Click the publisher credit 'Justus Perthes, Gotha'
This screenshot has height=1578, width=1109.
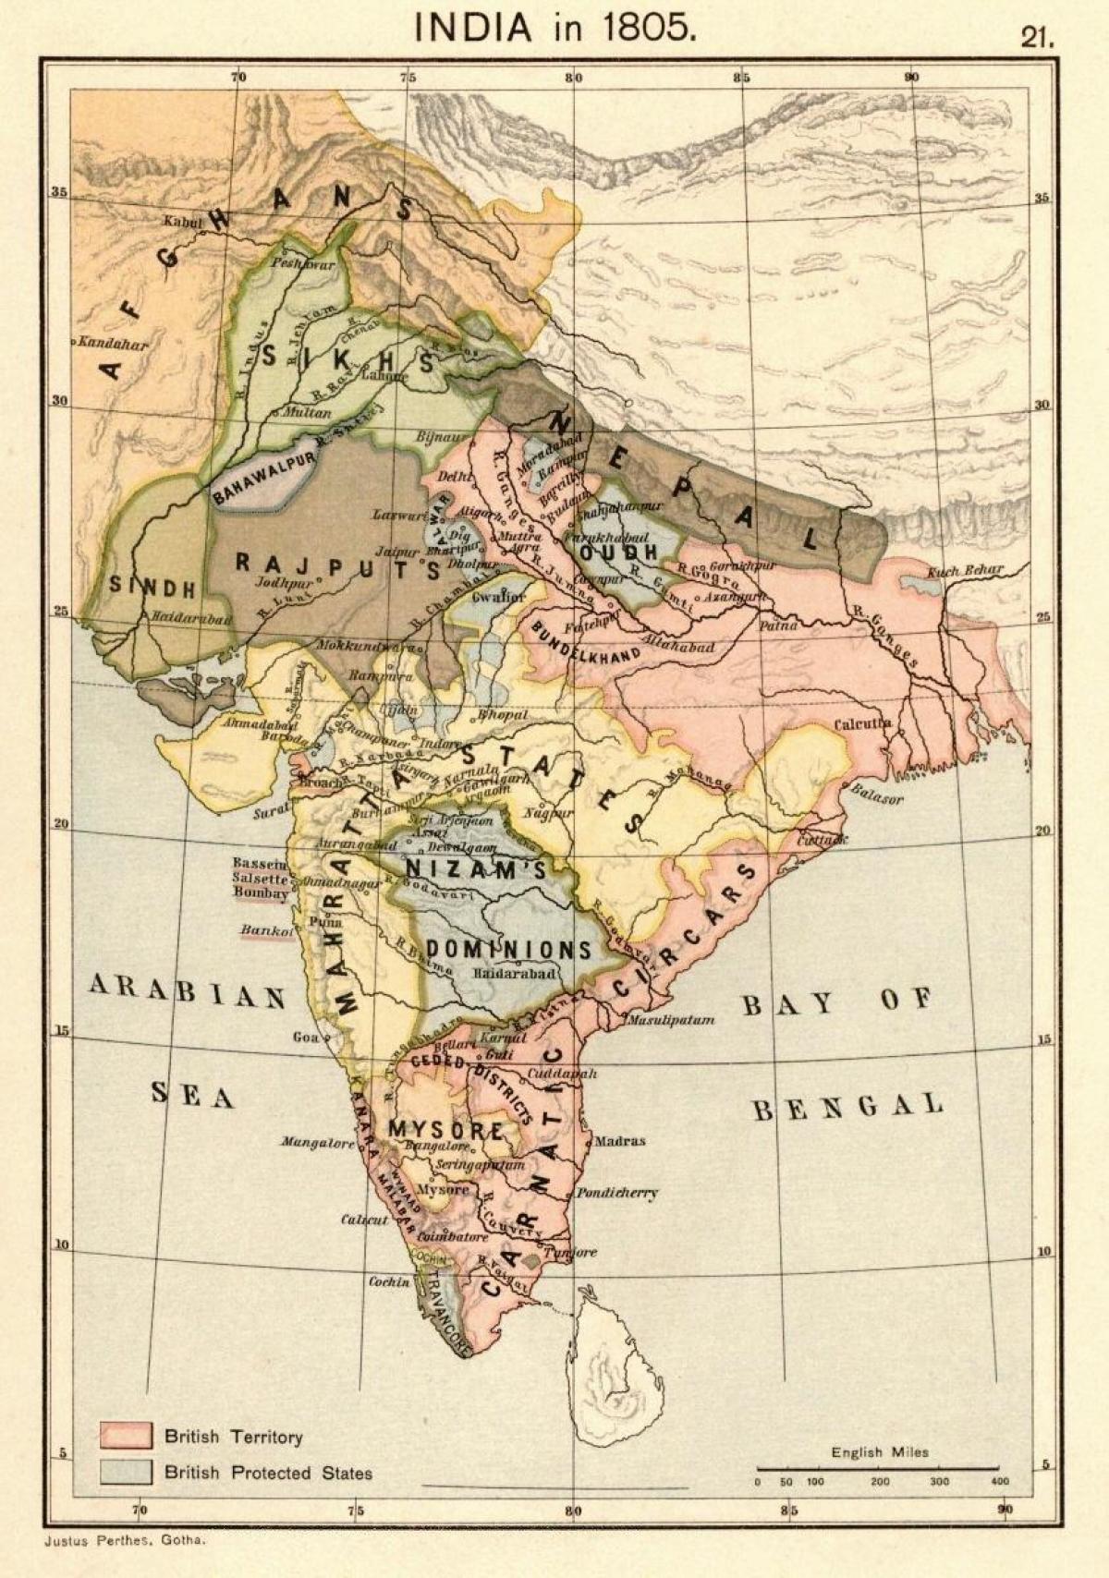tap(124, 1541)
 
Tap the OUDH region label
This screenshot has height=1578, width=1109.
tap(620, 551)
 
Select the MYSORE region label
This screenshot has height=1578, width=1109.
tap(445, 1129)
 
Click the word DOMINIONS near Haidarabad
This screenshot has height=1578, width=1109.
tap(508, 950)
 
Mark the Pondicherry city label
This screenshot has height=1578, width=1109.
tap(617, 1193)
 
